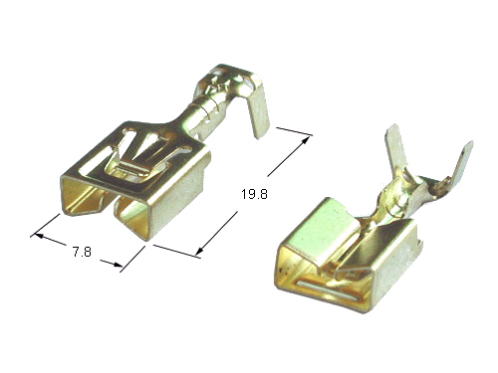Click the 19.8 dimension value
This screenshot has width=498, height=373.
click(254, 194)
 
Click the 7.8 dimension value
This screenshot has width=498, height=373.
click(82, 252)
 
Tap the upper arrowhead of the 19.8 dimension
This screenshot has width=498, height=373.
click(306, 140)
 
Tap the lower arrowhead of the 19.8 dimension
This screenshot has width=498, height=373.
click(199, 252)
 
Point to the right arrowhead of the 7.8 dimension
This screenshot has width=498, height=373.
click(118, 264)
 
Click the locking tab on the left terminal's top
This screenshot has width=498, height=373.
click(130, 167)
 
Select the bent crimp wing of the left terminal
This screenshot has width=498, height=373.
click(258, 107)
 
